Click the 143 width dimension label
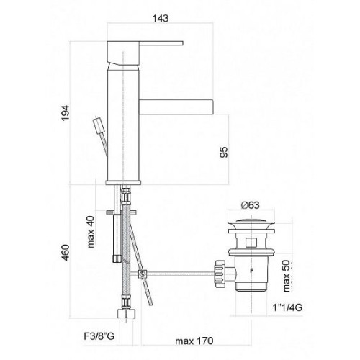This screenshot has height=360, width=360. (161, 18)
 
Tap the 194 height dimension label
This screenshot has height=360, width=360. (66, 113)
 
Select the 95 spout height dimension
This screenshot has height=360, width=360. (224, 152)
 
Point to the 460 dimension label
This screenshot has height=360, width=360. (66, 253)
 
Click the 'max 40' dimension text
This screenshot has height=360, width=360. (91, 232)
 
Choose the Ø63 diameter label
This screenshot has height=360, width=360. (251, 205)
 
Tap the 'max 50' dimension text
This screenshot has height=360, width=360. (287, 276)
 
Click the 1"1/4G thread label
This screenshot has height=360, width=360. (287, 307)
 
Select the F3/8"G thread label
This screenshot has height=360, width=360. (99, 336)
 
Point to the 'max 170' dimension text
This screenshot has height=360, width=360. (194, 341)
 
